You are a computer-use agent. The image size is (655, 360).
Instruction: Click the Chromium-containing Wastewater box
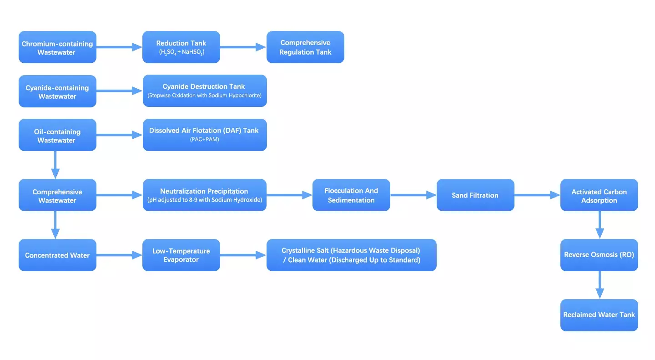pos(57,47)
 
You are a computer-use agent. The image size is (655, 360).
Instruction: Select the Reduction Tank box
pos(181,47)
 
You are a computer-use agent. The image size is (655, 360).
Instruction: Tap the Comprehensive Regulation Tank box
pos(305,47)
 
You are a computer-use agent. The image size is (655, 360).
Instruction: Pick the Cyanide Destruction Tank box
pos(205,91)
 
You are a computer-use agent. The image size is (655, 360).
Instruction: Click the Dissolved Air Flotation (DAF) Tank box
pos(205,135)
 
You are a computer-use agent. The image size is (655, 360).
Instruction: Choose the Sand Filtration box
pos(475,195)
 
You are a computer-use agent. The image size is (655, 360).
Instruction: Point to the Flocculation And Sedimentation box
pos(351,195)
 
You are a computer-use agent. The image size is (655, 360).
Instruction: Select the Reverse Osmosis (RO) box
pos(599,255)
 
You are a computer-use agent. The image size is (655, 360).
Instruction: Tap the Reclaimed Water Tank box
pos(599,315)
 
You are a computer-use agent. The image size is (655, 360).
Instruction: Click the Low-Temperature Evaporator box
pos(181,255)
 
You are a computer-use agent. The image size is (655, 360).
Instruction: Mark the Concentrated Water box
pos(57,255)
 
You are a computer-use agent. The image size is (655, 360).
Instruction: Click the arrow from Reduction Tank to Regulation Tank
pos(243,47)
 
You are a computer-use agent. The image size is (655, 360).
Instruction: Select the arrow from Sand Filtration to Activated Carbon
pos(537,195)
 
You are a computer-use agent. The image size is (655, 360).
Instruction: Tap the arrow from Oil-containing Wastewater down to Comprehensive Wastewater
pos(55,165)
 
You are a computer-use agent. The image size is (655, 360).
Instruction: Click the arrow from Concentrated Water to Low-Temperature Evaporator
pos(119,255)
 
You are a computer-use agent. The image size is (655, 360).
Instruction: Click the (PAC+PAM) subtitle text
pos(204,140)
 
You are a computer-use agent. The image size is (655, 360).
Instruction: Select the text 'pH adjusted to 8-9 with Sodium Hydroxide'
pos(205,200)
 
